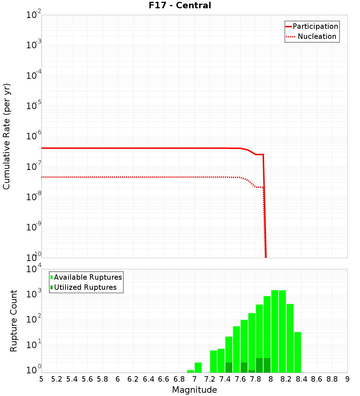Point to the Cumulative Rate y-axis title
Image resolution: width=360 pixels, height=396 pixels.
click(x=6, y=136)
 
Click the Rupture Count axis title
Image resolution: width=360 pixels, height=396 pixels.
click(x=14, y=321)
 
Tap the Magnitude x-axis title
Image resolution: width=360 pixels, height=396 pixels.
click(x=194, y=390)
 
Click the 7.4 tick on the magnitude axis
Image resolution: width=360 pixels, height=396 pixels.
click(x=225, y=379)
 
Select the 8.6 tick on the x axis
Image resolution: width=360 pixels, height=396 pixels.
click(x=317, y=379)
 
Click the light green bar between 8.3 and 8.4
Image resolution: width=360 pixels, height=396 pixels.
click(x=298, y=352)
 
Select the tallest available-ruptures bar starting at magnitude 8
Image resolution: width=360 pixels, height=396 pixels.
click(x=275, y=331)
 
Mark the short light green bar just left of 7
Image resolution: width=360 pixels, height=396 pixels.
click(x=190, y=371)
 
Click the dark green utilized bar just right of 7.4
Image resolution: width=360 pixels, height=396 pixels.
click(x=229, y=368)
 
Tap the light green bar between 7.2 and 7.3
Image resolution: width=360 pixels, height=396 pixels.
click(x=213, y=361)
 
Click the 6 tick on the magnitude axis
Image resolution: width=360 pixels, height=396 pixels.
click(x=118, y=379)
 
